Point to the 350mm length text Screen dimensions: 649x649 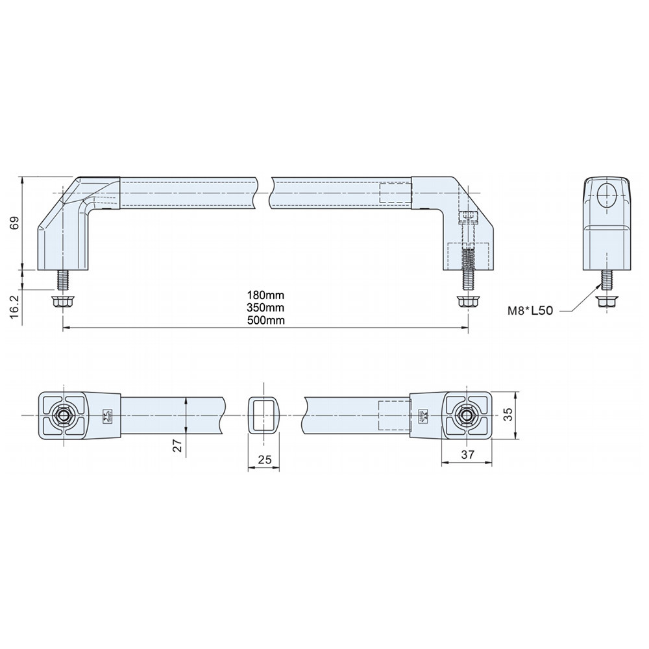pyautogui.click(x=265, y=307)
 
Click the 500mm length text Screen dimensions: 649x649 pyautogui.click(x=265, y=320)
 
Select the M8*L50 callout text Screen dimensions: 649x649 pyautogui.click(x=530, y=311)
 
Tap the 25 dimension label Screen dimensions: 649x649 pyautogui.click(x=264, y=459)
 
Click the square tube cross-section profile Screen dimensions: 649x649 pyautogui.click(x=263, y=415)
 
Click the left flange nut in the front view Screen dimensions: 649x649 pyautogui.click(x=62, y=302)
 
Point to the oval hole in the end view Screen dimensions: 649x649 pyautogui.click(x=608, y=193)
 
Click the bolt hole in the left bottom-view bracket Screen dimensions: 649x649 pyautogui.click(x=64, y=415)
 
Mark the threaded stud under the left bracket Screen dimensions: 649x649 pyautogui.click(x=63, y=280)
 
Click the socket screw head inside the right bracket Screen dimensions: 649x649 pyautogui.click(x=469, y=218)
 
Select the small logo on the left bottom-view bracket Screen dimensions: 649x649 pyautogui.click(x=107, y=415)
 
